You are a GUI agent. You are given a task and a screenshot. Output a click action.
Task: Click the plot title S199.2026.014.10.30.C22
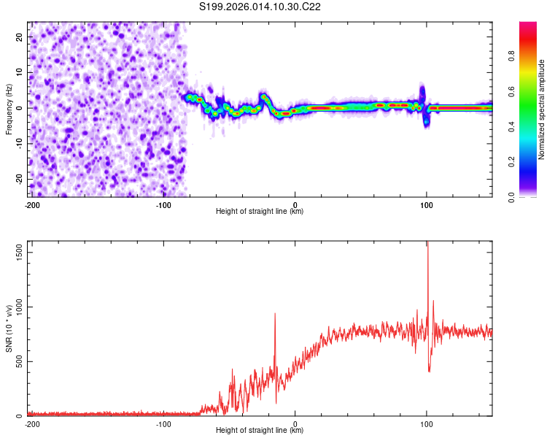(260, 7)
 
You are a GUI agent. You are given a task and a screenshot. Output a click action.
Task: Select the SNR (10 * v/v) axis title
(9, 329)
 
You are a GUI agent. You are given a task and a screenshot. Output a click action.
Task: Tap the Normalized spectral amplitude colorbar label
(542, 109)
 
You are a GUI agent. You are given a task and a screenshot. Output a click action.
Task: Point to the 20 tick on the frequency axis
(20, 36)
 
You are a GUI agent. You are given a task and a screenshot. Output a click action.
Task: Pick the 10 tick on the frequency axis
(20, 72)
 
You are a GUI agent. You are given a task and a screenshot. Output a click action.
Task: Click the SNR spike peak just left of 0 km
(275, 314)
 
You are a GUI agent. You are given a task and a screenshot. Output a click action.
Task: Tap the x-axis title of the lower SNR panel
(260, 431)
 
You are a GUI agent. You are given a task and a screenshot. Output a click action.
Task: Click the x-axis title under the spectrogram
(260, 212)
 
